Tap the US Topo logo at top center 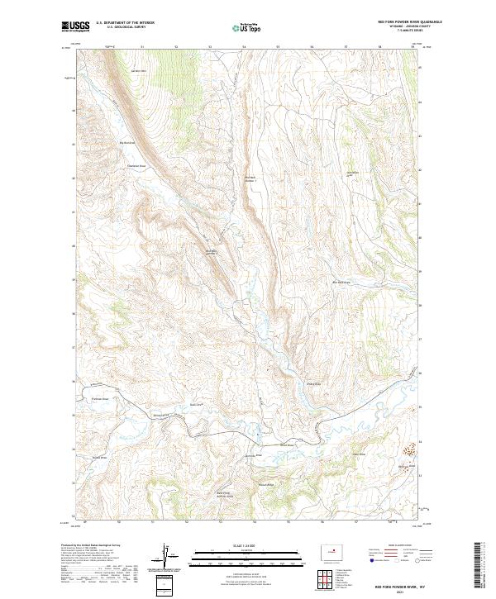tap(248, 27)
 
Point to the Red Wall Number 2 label tap(210, 252)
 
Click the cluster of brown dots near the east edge tap(408, 450)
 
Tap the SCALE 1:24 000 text tap(248, 544)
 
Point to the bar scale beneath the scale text tap(248, 555)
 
